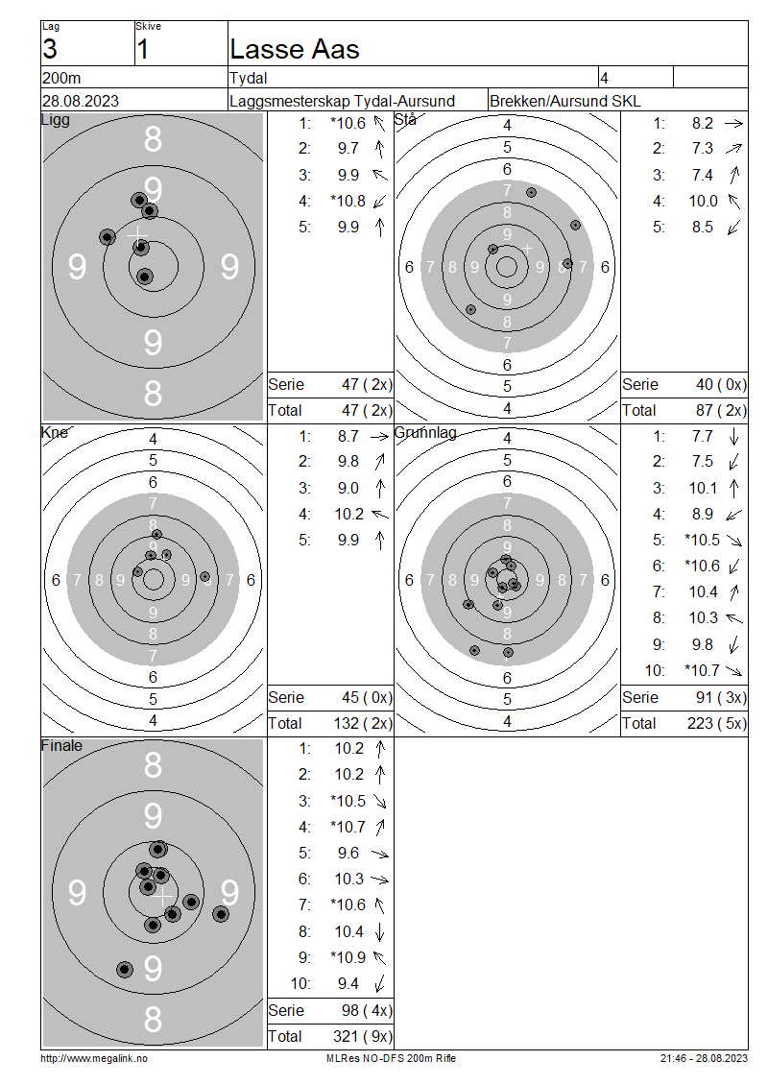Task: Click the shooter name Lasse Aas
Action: coord(294,49)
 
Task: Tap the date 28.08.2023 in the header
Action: coord(81,101)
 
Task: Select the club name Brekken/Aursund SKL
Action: coord(564,101)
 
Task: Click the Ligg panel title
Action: coord(56,120)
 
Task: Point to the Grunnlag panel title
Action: coord(425,432)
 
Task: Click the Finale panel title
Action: coord(61,745)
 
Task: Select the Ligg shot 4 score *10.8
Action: coord(348,201)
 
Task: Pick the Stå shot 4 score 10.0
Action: coord(704,201)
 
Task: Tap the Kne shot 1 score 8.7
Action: coord(348,436)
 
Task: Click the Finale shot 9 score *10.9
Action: coord(348,957)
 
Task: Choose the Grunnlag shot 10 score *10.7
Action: coord(703,670)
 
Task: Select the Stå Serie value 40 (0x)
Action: coord(721,384)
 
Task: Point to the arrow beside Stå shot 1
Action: coord(733,123)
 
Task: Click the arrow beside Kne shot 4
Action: coord(380,514)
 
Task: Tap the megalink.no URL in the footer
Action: coord(94,1058)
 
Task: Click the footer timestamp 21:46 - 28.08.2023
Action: coord(704,1058)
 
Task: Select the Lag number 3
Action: coord(50,49)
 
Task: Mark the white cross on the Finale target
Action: coord(162,898)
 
